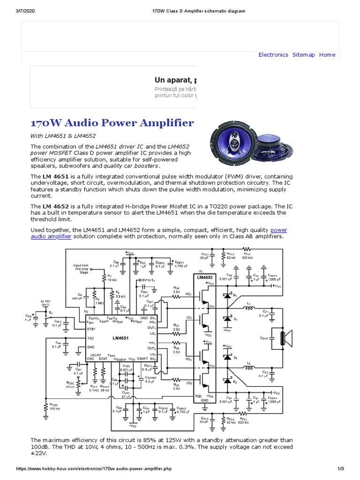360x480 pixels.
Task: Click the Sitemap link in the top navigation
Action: [304, 55]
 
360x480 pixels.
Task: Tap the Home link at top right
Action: [327, 55]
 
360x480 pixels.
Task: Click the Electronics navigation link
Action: [273, 55]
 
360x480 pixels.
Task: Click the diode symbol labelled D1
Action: [228, 297]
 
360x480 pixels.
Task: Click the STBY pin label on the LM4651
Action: [91, 329]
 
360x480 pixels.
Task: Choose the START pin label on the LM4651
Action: [142, 359]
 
